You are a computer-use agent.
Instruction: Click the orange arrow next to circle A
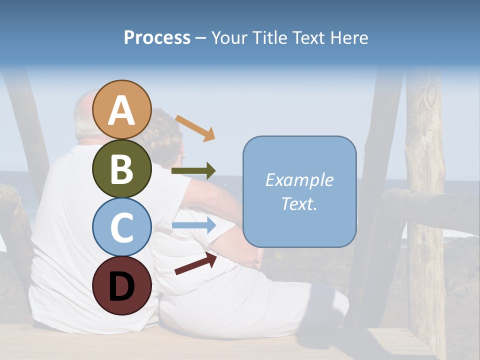pos(195,128)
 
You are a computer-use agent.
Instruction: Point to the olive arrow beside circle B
pos(193,171)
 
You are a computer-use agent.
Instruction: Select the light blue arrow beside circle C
pos(193,225)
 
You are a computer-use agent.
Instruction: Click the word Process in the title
pos(157,37)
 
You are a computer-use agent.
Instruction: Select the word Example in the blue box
pos(299,180)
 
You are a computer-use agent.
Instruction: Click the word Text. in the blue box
pos(299,203)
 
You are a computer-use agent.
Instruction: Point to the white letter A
pos(121,110)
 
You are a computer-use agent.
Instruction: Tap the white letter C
pos(121,227)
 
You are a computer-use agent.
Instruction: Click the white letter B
pos(121,169)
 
